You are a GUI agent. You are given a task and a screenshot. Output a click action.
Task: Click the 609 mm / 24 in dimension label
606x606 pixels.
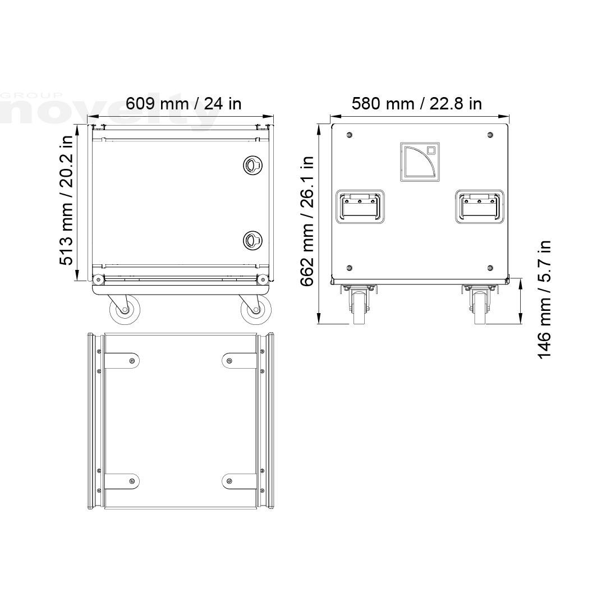[183, 104]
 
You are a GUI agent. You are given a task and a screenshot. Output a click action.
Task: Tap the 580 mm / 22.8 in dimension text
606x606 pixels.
[416, 104]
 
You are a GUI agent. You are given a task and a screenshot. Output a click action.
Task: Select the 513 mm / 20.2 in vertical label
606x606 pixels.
[66, 200]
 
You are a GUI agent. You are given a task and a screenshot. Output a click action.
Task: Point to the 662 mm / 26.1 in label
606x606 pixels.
[307, 221]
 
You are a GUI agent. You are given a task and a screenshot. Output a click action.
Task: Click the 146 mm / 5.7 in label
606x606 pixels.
[544, 300]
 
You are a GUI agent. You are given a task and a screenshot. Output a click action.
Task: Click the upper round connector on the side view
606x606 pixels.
[252, 165]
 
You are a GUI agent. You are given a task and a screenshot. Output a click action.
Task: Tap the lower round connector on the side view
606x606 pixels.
[252, 240]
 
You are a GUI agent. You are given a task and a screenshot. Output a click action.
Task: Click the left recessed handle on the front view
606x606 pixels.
[360, 206]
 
